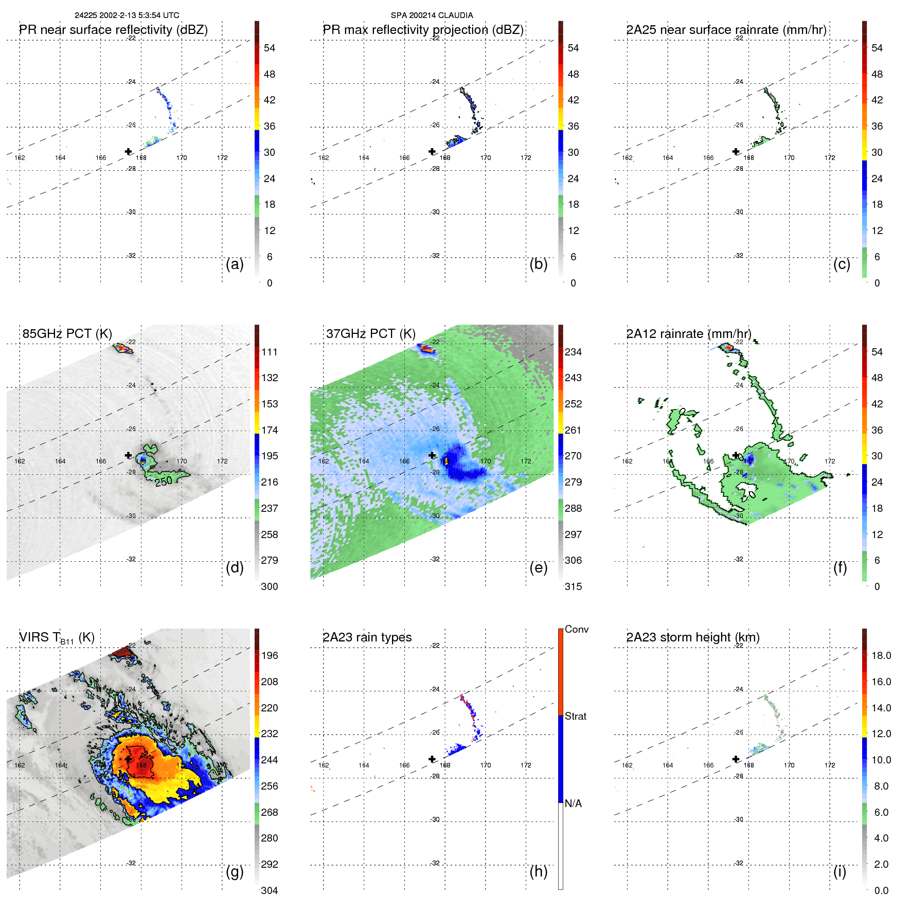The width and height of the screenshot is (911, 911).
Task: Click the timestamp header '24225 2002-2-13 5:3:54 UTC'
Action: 127,15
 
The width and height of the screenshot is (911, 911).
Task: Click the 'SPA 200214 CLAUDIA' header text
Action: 432,15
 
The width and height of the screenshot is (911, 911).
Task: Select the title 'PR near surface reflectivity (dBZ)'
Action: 113,30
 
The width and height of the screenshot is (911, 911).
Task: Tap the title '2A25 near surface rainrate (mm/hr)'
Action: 726,30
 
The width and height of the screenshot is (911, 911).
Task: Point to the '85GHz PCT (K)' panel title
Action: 67,333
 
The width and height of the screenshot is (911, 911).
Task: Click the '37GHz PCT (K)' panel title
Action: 370,333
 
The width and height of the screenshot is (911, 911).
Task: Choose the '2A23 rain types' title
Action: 367,637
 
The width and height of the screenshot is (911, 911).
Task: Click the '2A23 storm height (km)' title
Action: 692,637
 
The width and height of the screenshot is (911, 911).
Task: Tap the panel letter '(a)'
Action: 235,264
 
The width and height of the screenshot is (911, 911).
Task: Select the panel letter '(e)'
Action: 538,567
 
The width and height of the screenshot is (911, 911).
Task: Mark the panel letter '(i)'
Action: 839,871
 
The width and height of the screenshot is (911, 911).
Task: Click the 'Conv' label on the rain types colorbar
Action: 577,629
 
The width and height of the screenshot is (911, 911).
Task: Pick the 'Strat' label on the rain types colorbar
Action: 576,716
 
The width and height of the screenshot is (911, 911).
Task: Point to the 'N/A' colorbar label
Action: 573,803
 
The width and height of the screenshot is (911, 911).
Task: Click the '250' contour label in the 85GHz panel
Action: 164,481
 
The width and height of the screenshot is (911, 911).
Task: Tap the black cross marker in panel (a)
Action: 128,151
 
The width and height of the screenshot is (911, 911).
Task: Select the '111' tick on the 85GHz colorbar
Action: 270,352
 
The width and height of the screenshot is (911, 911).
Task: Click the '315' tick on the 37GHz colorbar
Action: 573,586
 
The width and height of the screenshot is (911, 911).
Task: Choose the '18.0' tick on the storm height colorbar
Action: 881,655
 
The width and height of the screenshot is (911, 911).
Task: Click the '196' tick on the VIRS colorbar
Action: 270,655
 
